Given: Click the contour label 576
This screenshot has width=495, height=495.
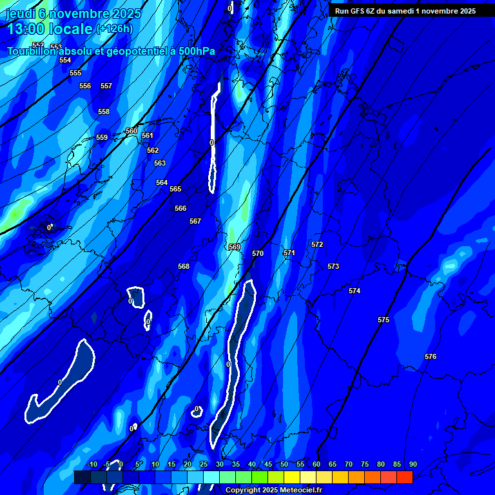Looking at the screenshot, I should pyautogui.click(x=431, y=356).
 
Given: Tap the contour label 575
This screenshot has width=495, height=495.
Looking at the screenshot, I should pyautogui.click(x=383, y=320).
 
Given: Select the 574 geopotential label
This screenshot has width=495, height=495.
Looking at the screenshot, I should pyautogui.click(x=354, y=291).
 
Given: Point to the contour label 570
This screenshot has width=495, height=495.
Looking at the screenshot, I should pyautogui.click(x=258, y=253).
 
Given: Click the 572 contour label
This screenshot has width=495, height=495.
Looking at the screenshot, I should pyautogui.click(x=317, y=244).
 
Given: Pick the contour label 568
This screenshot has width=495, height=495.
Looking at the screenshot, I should pyautogui.click(x=184, y=266).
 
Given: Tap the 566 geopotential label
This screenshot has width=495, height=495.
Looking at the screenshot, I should pyautogui.click(x=180, y=208).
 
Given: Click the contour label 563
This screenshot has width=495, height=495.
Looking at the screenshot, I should pyautogui.click(x=160, y=163).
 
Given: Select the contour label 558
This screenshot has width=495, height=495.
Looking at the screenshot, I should pyautogui.click(x=104, y=112).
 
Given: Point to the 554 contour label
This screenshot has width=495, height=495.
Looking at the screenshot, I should pyautogui.click(x=65, y=60).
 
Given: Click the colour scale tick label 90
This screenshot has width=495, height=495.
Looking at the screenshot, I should pyautogui.click(x=412, y=464).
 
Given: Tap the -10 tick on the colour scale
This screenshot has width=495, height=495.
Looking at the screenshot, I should pyautogui.click(x=92, y=464).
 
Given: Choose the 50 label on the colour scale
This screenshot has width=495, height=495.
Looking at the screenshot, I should pyautogui.click(x=284, y=464).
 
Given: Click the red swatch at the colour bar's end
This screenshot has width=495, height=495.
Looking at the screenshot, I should pyautogui.click(x=404, y=477).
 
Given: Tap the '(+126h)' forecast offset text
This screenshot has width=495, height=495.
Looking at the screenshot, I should pyautogui.click(x=115, y=28).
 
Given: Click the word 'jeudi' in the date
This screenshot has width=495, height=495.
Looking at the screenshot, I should pyautogui.click(x=19, y=14).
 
